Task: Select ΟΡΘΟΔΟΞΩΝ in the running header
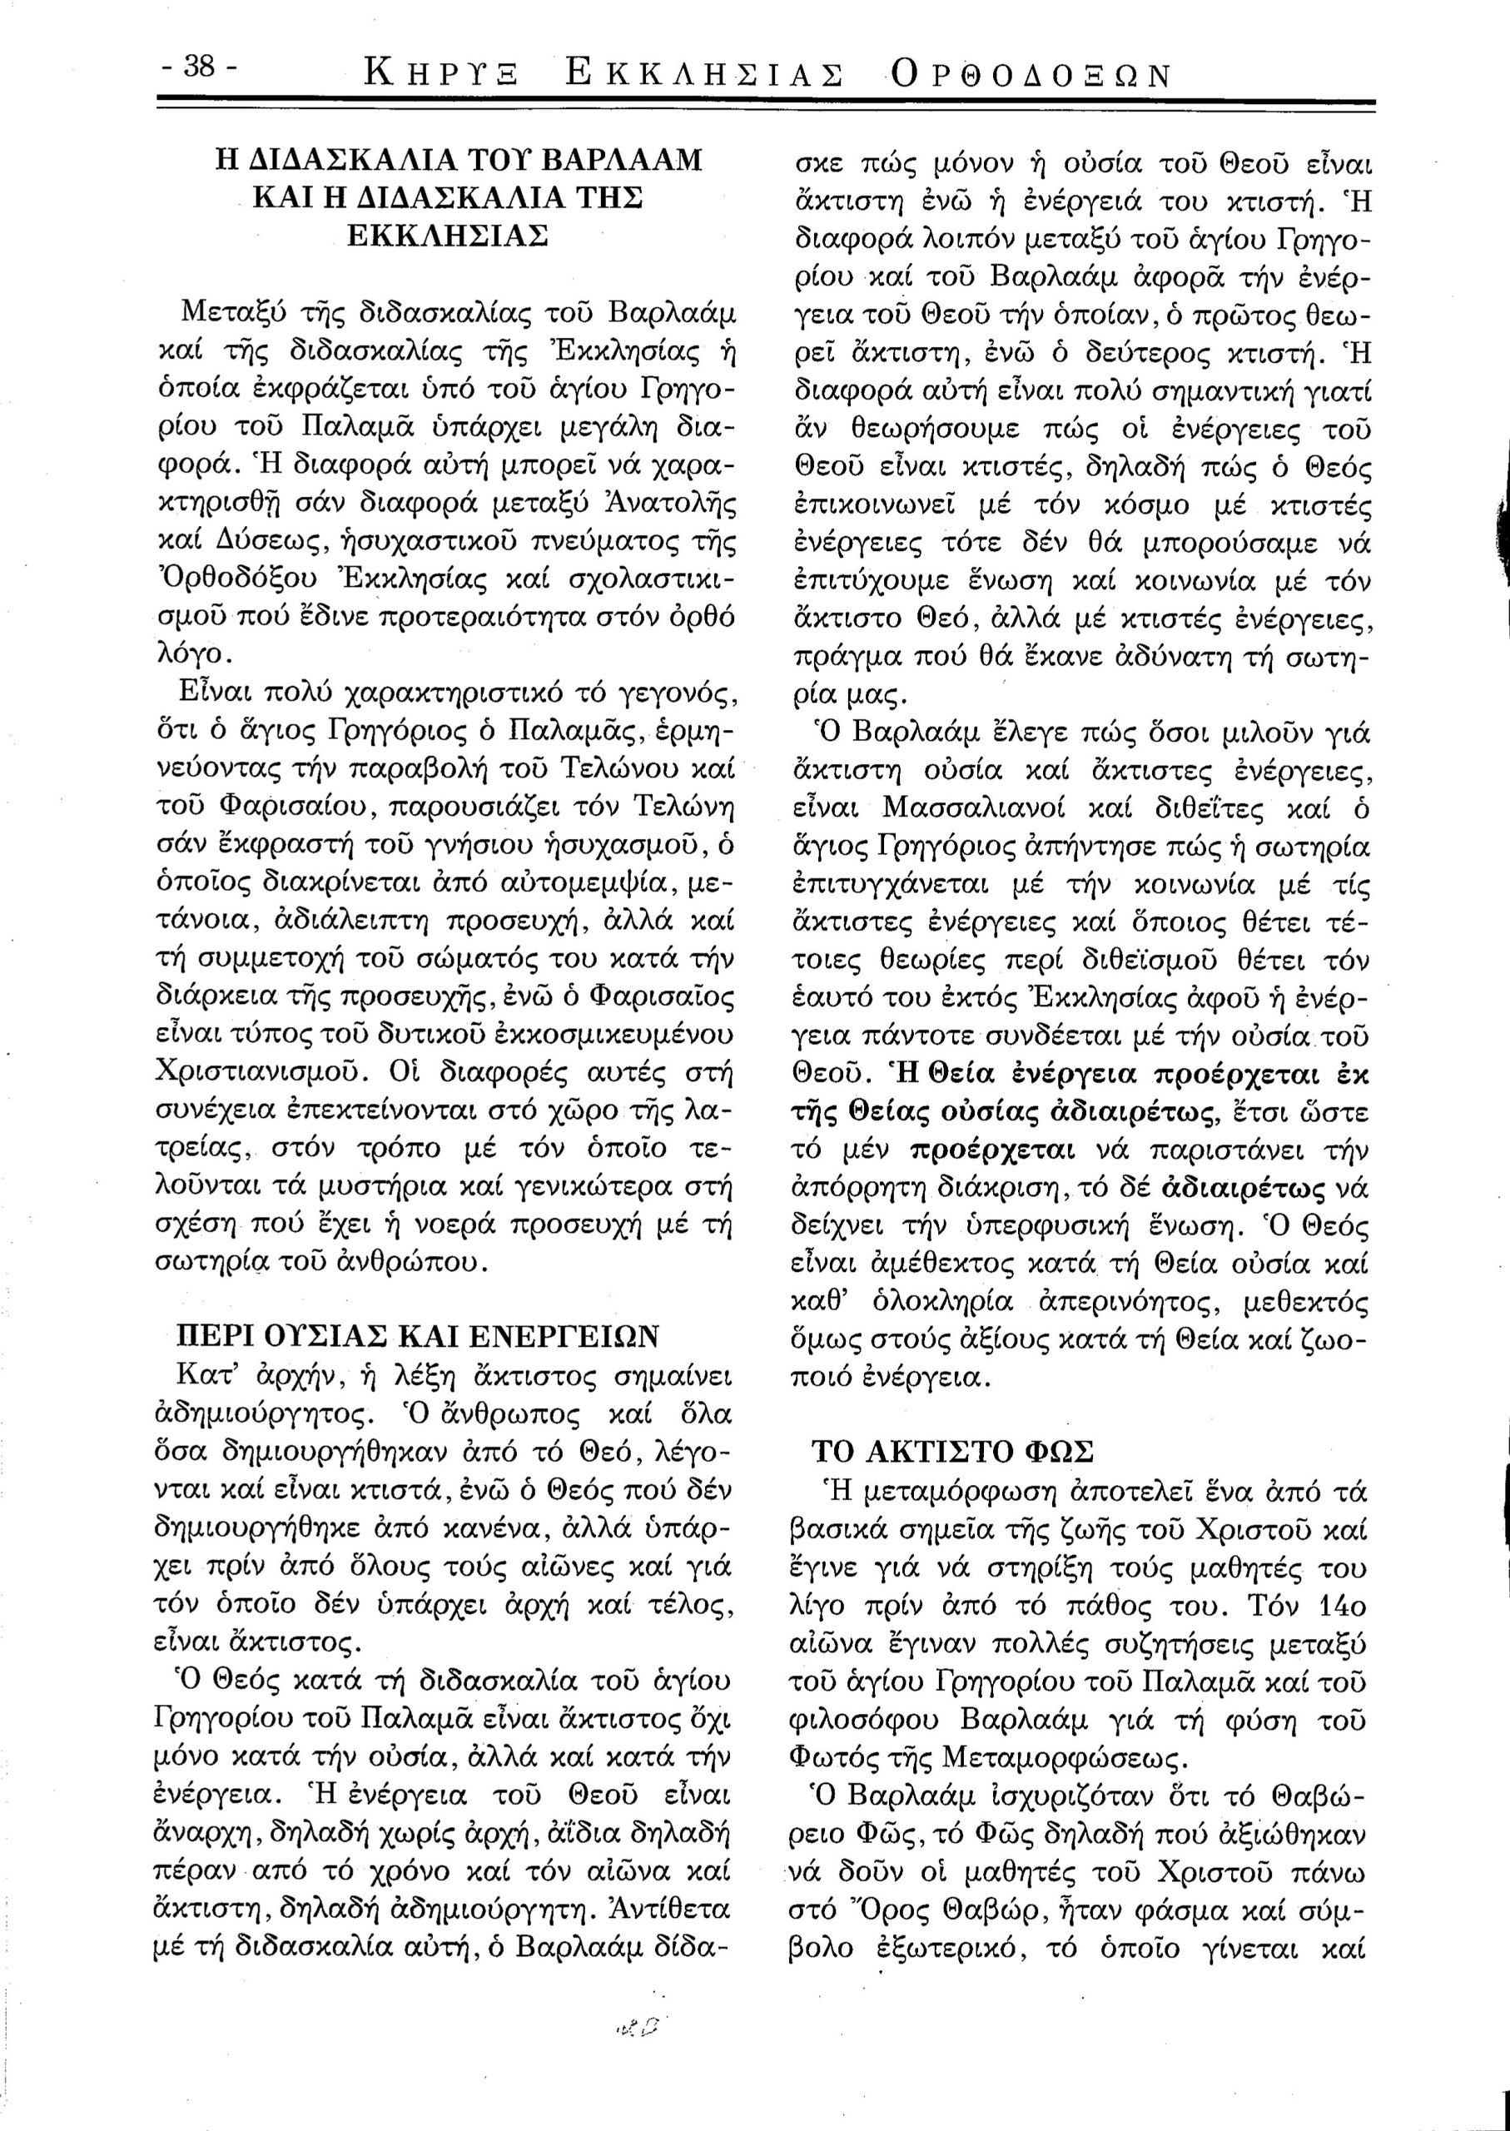coord(1030,74)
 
